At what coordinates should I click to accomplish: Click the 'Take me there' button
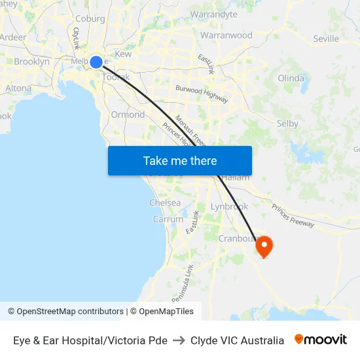180,160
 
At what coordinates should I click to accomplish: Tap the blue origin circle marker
96,62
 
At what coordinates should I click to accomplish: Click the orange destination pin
264,246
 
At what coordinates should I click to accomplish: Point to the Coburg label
90,19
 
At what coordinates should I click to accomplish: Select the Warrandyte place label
214,14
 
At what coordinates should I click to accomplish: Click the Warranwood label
226,35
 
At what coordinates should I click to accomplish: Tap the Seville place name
326,39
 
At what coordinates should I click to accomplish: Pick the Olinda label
291,78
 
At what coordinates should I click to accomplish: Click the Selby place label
287,123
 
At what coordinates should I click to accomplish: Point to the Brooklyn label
31,62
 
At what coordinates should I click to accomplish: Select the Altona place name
18,88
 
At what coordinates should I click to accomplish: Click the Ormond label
128,115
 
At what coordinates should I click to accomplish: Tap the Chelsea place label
165,203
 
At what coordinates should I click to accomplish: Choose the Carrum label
168,219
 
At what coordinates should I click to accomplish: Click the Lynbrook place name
229,206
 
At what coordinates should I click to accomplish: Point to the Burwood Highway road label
202,94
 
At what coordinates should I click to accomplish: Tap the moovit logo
321,340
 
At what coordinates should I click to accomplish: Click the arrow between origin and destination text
179,340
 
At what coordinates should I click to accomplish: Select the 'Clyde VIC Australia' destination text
237,340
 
